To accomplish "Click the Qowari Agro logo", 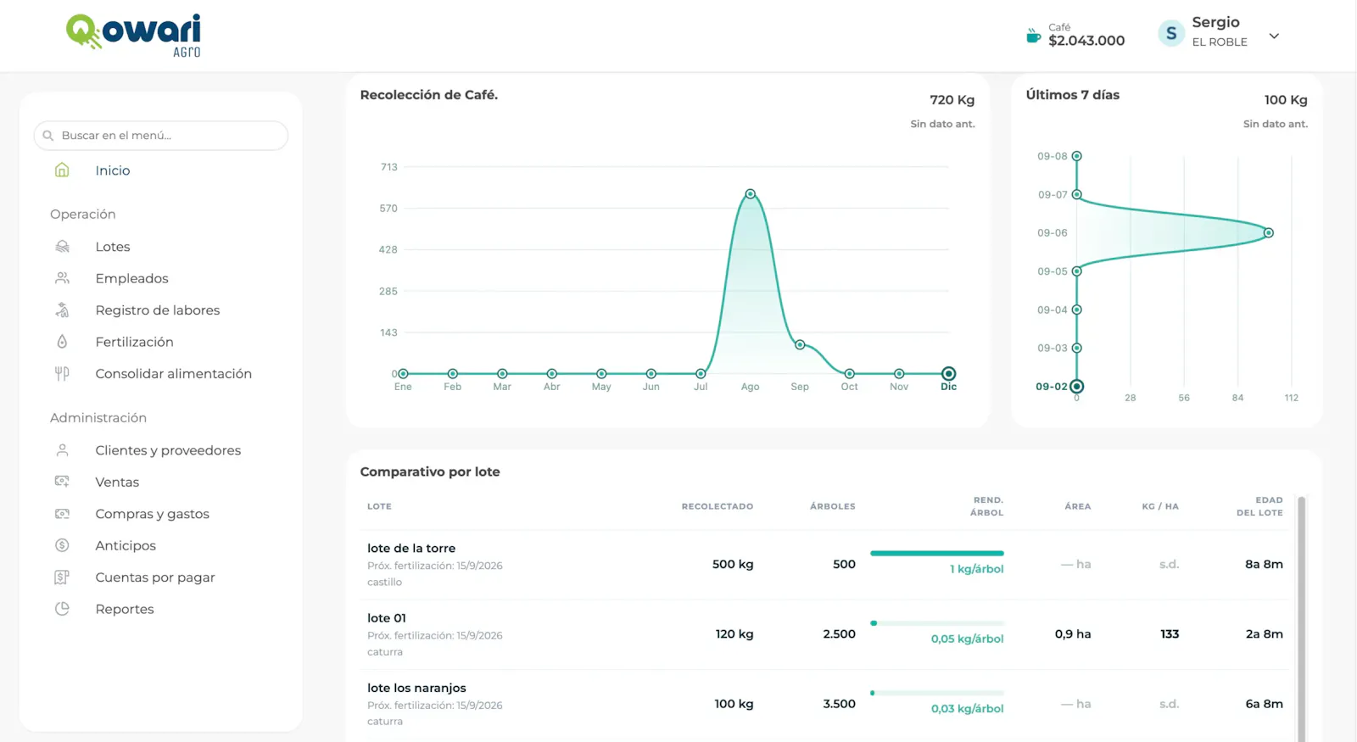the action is [133, 35].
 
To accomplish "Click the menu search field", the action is [161, 135].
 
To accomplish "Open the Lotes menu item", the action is [113, 247].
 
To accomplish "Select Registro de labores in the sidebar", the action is [158, 310].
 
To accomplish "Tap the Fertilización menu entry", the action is [135, 342].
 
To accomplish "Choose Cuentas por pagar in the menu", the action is [155, 577].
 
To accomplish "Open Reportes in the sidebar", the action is [124, 609].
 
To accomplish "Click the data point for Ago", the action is [750, 194].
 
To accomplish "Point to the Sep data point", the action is [800, 344].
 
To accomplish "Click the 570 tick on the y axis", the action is [388, 209].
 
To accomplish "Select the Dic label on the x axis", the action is [949, 387].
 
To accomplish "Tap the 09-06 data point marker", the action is [1269, 232].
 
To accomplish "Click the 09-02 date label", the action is [1051, 387].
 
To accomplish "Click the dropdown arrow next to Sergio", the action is [1274, 36].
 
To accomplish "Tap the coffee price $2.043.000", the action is [1086, 41].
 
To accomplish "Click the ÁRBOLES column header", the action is [832, 506].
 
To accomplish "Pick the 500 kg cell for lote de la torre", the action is [733, 564].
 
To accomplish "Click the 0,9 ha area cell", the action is [1072, 633].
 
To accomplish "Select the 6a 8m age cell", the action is [1264, 704].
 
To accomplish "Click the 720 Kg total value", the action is [952, 100].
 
